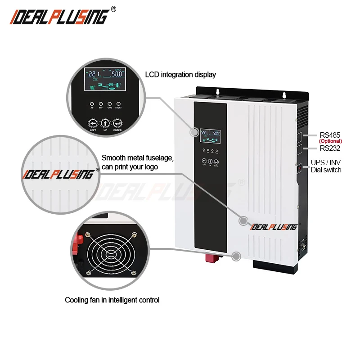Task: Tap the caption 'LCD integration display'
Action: point(180,75)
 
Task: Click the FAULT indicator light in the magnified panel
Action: point(119,103)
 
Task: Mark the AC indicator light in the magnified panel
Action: point(92,103)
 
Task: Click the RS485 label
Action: point(330,135)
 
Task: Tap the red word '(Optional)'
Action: point(330,141)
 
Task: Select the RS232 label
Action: point(330,148)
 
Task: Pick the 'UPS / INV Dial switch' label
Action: point(326,166)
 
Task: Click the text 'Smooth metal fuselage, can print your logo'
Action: point(138,162)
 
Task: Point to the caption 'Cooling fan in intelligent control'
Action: point(112,300)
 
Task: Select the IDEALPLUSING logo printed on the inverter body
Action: point(274,226)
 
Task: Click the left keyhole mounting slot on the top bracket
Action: point(218,92)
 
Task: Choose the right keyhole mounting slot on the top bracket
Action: point(284,95)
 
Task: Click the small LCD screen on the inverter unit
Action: point(211,134)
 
